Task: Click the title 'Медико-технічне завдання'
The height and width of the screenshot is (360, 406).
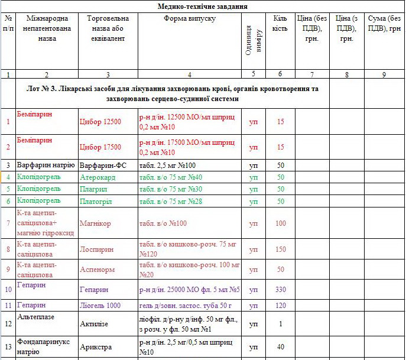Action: click(x=203, y=7)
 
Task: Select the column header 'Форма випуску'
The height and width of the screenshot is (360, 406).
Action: click(x=190, y=19)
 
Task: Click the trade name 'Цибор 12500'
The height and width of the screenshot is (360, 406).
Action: click(x=100, y=122)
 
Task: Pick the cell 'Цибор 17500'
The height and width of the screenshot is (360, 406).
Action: click(x=100, y=147)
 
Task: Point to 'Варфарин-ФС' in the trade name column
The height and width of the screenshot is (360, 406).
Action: click(x=103, y=165)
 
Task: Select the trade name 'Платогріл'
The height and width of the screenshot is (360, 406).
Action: click(x=97, y=201)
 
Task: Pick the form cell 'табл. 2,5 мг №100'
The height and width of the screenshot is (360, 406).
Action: click(x=167, y=165)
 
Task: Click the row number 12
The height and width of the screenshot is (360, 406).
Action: click(x=8, y=324)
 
